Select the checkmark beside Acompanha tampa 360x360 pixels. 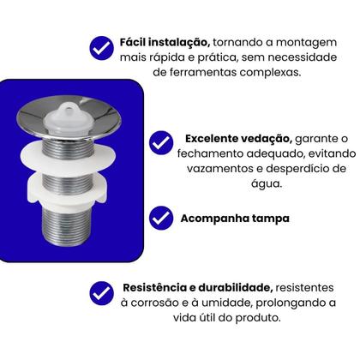(161, 218)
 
